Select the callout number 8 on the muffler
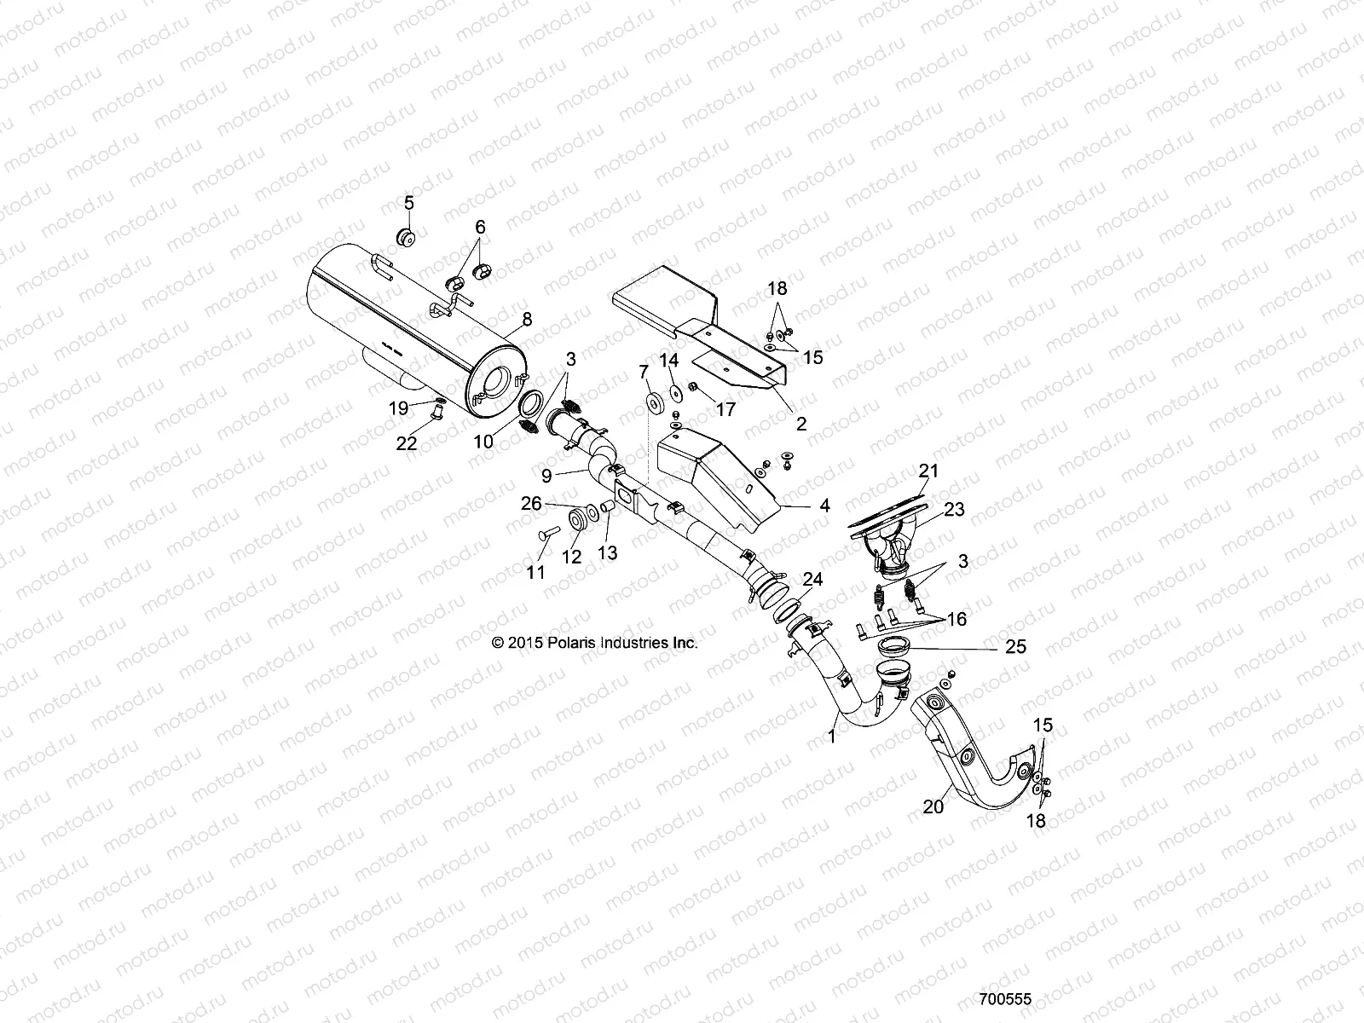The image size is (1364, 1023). [x=527, y=321]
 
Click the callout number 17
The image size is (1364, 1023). [x=725, y=409]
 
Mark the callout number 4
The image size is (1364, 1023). [x=824, y=506]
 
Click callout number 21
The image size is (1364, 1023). [x=928, y=471]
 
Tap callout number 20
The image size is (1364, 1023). [x=933, y=805]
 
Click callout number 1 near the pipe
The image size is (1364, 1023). [x=833, y=735]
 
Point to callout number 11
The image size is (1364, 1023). [x=535, y=573]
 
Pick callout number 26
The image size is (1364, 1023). [x=531, y=504]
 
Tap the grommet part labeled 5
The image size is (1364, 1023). [x=407, y=238]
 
